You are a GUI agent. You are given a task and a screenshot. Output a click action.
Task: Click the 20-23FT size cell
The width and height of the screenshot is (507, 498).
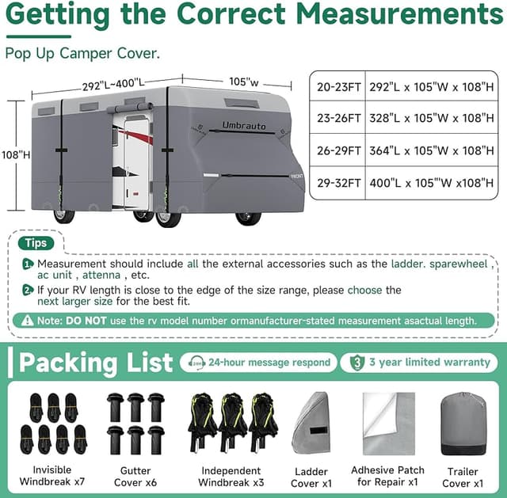point(338,87)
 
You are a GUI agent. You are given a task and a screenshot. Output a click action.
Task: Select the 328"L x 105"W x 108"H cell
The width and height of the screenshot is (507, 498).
point(432,118)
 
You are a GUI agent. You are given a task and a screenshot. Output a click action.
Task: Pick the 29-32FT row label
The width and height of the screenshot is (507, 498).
point(338,183)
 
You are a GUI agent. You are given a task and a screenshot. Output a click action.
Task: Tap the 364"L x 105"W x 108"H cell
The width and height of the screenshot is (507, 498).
point(432,150)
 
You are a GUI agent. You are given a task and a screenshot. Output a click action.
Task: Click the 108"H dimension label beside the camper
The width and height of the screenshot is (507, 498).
point(16,155)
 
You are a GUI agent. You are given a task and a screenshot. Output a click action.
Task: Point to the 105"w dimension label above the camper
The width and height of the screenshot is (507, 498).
point(244,82)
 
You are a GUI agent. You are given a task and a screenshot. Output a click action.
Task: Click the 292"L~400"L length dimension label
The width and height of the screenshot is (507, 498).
point(113,85)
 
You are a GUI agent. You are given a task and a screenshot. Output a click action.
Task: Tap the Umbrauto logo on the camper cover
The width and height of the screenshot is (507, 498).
point(244,125)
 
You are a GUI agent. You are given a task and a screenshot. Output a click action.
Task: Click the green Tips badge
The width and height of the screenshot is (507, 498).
point(36,243)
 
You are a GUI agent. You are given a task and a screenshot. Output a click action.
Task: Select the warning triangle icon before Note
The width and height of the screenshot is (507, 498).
point(27,321)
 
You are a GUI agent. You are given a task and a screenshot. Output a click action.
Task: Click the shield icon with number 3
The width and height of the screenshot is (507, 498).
point(357,363)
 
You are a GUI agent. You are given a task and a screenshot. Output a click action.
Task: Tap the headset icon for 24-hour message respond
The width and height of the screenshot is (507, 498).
point(196,363)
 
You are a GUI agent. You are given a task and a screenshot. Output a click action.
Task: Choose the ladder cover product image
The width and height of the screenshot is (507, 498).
point(311,424)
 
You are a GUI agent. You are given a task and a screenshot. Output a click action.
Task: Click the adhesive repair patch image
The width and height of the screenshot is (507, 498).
point(389,424)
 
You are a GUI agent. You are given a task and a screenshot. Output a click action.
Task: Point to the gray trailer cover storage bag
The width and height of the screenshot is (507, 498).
point(463,424)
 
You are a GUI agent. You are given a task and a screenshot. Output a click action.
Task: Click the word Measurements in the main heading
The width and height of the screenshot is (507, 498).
point(399,13)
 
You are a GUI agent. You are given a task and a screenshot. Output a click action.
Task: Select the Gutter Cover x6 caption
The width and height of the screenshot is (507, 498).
point(135,477)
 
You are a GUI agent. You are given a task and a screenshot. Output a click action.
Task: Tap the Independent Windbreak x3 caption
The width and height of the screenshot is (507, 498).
point(231,477)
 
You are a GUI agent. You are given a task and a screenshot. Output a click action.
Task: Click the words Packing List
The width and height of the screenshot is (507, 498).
point(96,363)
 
